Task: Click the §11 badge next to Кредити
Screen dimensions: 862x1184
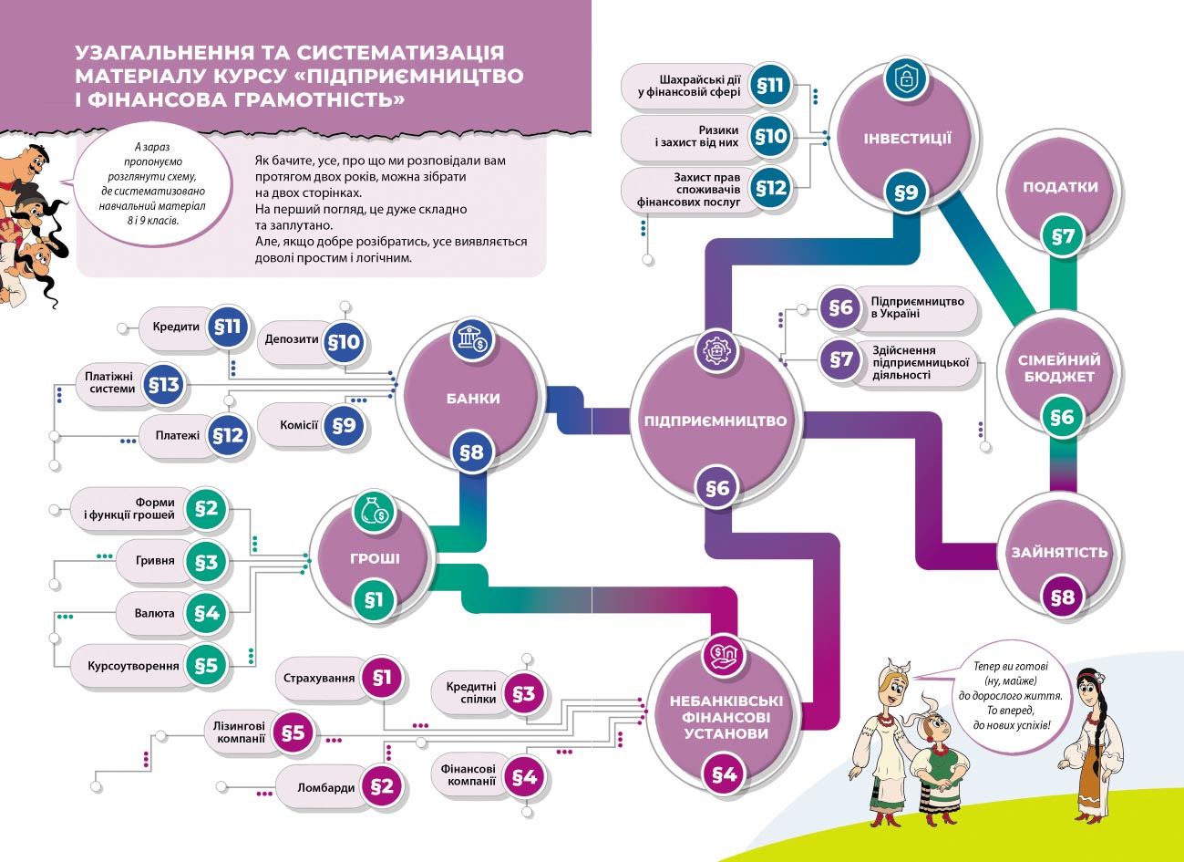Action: (x=227, y=327)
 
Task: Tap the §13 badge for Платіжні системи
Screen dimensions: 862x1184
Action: (x=164, y=385)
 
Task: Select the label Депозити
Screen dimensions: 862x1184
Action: (x=292, y=339)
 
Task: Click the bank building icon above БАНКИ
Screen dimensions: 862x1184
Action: (x=472, y=342)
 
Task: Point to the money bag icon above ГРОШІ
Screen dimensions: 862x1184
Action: (x=375, y=513)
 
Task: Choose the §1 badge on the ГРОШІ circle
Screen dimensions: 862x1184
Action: (x=374, y=599)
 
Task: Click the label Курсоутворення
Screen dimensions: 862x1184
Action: (x=133, y=666)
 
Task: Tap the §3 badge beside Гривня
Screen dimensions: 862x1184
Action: (x=206, y=562)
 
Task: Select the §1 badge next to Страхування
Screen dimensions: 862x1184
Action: (x=381, y=678)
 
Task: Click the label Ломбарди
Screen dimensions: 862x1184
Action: (x=325, y=787)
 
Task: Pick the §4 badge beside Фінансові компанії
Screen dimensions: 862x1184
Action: (x=523, y=777)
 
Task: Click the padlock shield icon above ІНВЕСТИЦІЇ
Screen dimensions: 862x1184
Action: (x=906, y=79)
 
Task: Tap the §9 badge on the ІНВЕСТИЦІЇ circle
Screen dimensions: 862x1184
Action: (x=905, y=192)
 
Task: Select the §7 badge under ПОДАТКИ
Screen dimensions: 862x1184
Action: (x=1063, y=237)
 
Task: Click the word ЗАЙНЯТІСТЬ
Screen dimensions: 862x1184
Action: (x=1059, y=552)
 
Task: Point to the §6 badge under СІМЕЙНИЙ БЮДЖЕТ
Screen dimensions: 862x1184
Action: (x=1062, y=418)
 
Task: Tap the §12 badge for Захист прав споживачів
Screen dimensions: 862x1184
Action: (x=771, y=189)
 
